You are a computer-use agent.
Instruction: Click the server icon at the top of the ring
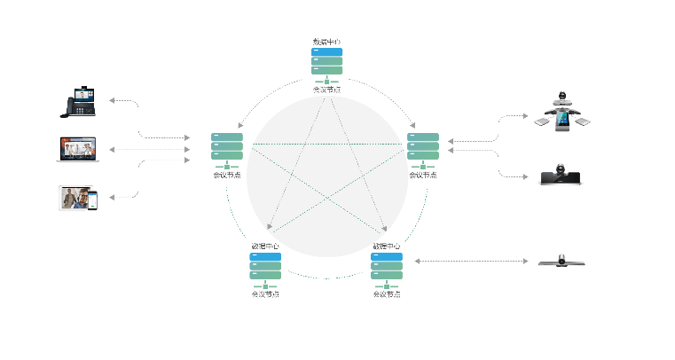(x=326, y=61)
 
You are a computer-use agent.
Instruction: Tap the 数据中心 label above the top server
(x=326, y=42)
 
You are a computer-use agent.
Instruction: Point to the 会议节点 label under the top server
(x=326, y=90)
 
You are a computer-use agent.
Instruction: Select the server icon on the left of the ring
(x=227, y=146)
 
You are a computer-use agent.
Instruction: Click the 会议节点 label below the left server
(x=227, y=175)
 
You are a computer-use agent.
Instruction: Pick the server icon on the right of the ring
(x=423, y=146)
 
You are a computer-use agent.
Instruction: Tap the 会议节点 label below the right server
(x=423, y=175)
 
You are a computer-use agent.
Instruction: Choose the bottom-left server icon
(x=265, y=266)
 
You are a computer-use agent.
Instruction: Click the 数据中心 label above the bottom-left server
(x=265, y=246)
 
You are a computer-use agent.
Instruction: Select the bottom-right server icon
(x=387, y=266)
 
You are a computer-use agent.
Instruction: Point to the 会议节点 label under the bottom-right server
(x=387, y=293)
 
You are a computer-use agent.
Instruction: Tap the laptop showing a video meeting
(x=77, y=149)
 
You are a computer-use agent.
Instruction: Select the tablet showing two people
(x=74, y=198)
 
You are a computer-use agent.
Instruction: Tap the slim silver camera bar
(x=561, y=261)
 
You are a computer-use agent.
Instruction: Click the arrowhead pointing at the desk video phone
(x=112, y=100)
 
